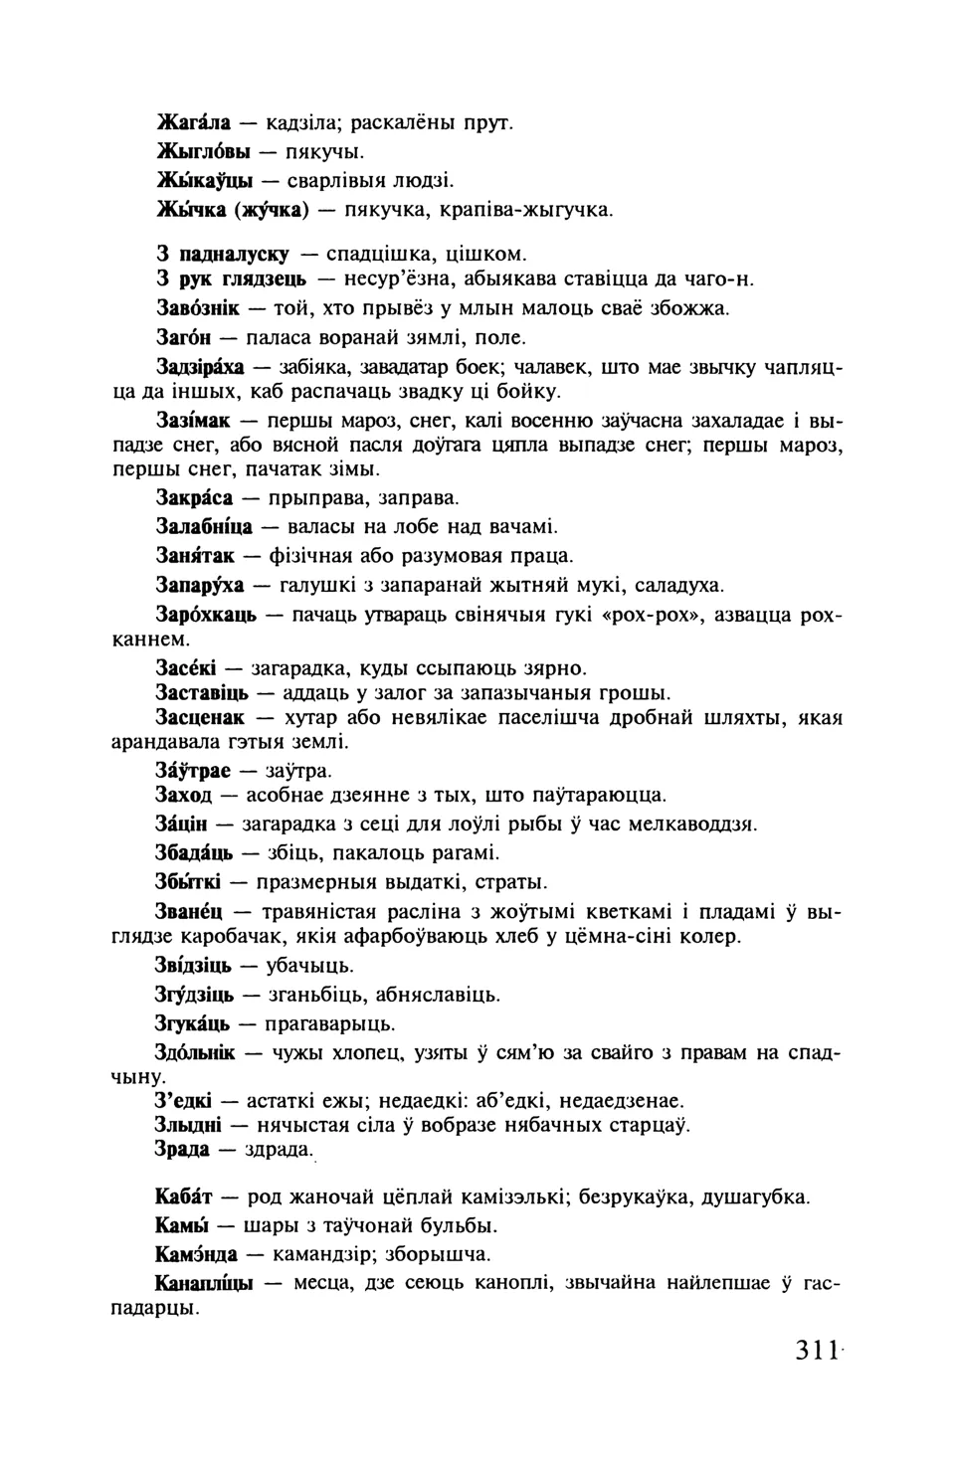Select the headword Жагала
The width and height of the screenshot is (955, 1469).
click(194, 123)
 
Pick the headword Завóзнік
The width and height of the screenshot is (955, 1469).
click(198, 308)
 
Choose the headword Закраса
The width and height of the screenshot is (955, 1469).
click(194, 497)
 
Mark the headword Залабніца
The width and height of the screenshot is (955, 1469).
click(204, 526)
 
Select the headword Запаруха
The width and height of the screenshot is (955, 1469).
click(200, 585)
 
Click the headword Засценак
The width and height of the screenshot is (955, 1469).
click(199, 717)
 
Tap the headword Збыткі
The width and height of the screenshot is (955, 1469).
click(188, 882)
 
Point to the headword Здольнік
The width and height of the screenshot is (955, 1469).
click(195, 1053)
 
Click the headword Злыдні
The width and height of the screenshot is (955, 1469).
click(188, 1125)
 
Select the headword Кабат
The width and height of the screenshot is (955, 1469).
click(184, 1196)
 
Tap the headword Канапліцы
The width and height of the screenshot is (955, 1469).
click(204, 1283)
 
